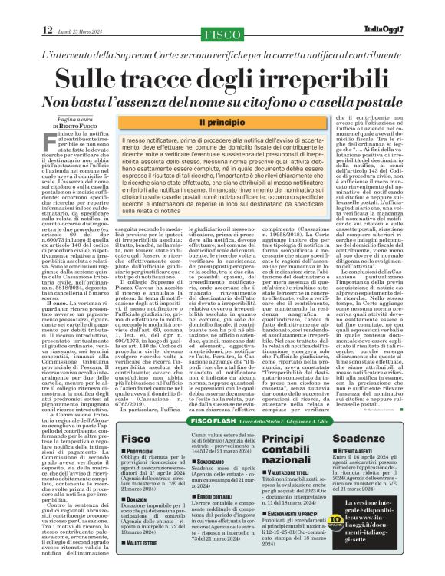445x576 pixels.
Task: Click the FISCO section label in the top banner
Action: click(222, 32)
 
